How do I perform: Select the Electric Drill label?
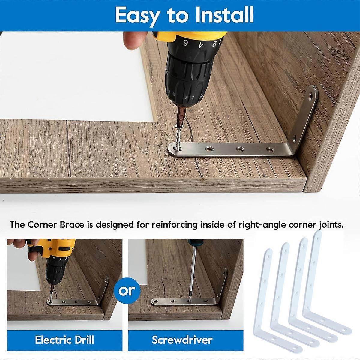coord(64,340)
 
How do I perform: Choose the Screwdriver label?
coord(182,340)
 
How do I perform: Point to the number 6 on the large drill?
coord(186,43)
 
